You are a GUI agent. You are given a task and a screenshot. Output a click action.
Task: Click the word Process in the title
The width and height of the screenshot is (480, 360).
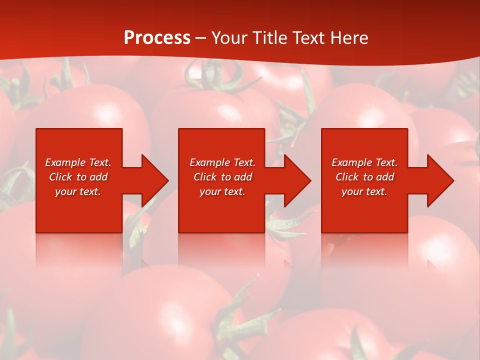[x=157, y=38]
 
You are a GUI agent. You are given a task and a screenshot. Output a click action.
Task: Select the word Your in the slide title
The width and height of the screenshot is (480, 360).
[x=230, y=38]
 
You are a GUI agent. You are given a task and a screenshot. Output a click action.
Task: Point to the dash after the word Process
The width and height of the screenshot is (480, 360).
[x=200, y=38]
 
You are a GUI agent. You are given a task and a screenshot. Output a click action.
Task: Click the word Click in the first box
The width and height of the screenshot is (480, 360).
[x=60, y=177]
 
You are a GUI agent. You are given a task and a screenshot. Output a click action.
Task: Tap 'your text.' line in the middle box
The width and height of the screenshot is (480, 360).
[x=222, y=191]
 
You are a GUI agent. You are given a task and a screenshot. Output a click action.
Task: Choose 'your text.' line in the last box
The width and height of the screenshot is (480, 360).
[x=364, y=191]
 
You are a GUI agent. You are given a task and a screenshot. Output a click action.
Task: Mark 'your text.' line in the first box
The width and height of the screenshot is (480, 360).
[x=78, y=191]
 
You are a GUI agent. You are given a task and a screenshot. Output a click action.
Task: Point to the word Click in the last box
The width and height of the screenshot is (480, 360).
[x=347, y=177]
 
